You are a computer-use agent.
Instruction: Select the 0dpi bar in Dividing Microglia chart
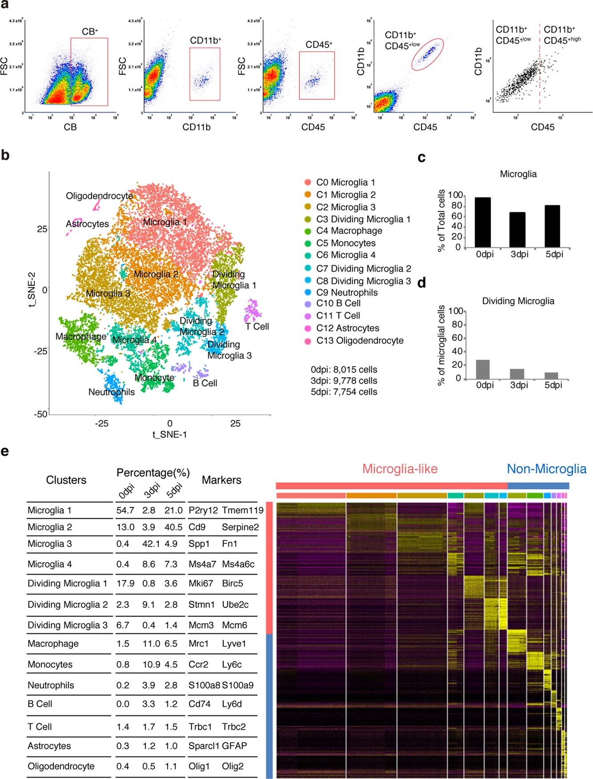pos(483,369)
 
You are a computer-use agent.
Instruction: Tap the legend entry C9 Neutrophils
pos(347,292)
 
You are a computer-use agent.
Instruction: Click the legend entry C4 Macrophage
pos(349,231)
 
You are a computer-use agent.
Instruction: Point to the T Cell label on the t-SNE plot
pos(257,326)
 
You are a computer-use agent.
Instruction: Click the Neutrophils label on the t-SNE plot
pos(111,392)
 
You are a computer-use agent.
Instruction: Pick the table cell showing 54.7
pos(125,510)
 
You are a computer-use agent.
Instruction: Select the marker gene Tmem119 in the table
pos(242,510)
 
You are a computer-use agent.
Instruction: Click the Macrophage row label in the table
pos(53,643)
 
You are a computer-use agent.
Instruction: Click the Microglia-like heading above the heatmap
pos(400,469)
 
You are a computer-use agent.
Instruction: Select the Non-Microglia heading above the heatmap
pos(546,469)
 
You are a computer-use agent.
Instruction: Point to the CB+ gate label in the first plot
pos(90,32)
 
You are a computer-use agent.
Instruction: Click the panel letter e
pos(5,451)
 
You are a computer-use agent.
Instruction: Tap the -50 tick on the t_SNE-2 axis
pos(41,414)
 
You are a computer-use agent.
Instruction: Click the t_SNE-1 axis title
pos(169,434)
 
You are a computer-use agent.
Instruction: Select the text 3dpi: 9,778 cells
pos(344,381)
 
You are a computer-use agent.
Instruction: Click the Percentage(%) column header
pos(153,472)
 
